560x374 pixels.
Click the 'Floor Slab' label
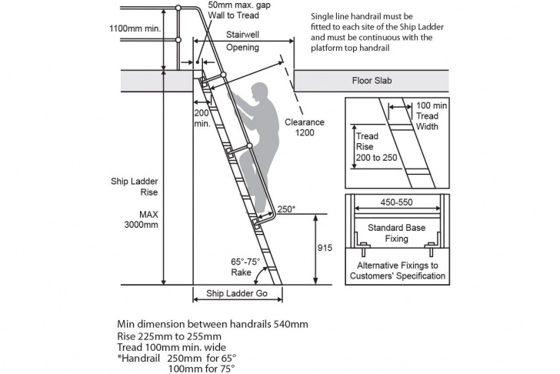(372, 81)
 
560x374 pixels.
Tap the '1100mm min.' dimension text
(135, 28)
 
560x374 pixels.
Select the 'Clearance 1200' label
(305, 127)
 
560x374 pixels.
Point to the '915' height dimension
(325, 248)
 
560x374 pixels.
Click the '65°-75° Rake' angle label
(245, 267)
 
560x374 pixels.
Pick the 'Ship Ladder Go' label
(237, 294)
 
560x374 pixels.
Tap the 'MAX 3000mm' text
(141, 219)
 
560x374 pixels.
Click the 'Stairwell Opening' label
(242, 41)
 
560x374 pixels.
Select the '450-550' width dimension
(396, 202)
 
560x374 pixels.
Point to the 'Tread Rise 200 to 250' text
(376, 147)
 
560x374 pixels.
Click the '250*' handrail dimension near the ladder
(286, 209)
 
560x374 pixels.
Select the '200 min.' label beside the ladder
(202, 119)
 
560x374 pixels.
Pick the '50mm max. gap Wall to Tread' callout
(239, 10)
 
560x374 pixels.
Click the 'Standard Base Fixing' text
(396, 233)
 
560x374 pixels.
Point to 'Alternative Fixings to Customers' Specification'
(398, 271)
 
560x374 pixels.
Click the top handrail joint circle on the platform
(178, 8)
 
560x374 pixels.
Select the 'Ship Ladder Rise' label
(135, 187)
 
